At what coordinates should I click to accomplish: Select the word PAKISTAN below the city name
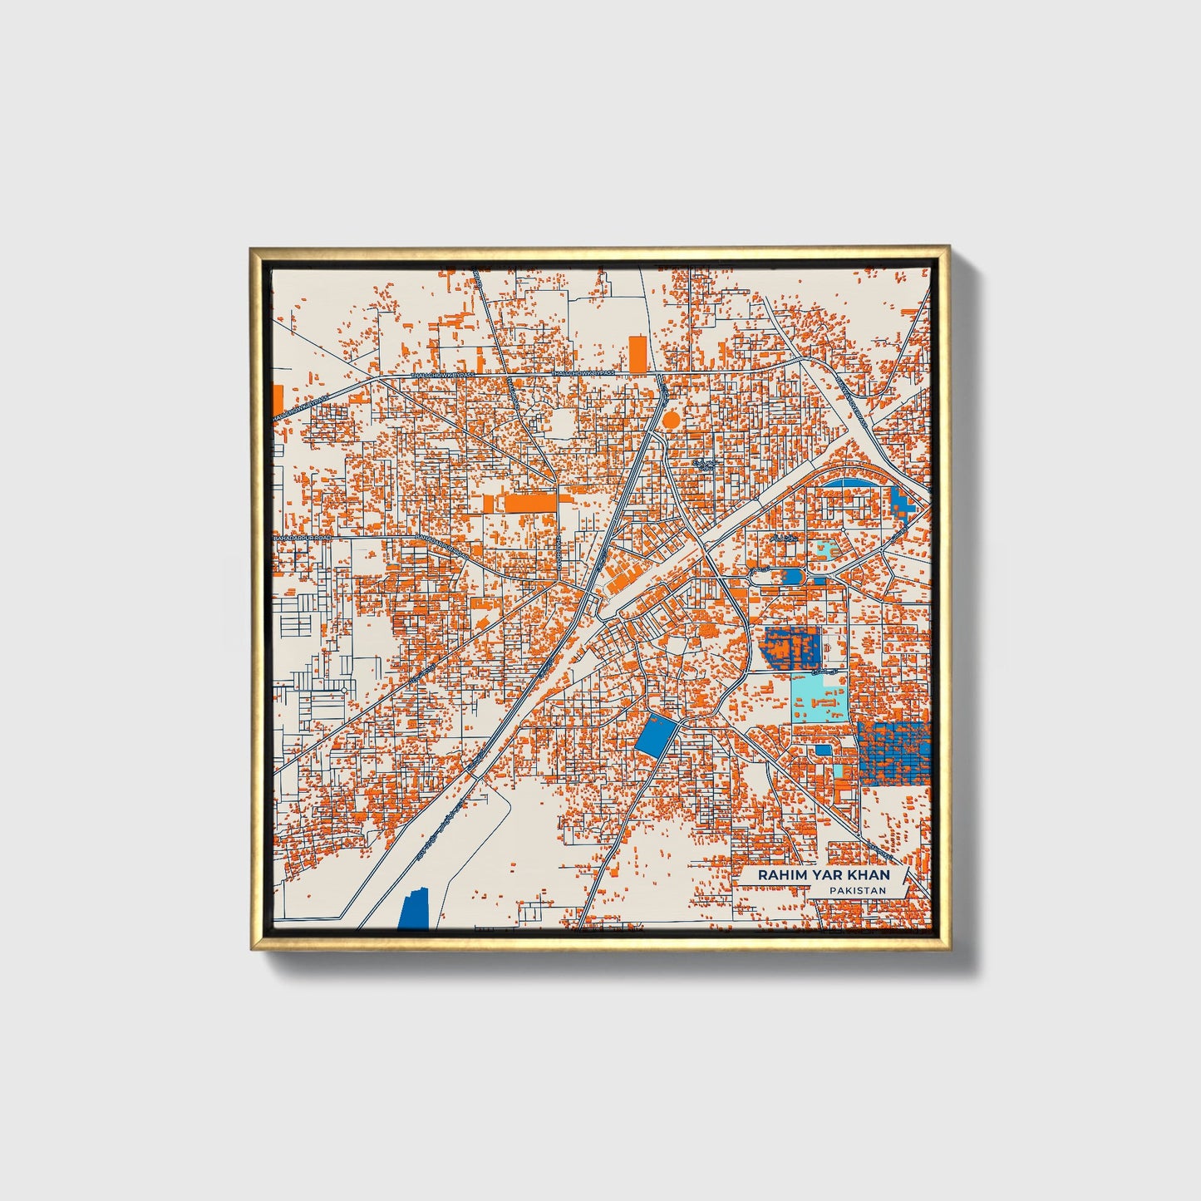pos(857,890)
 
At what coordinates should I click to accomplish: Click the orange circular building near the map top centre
pos(671,420)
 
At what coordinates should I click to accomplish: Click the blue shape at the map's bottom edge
pos(414,908)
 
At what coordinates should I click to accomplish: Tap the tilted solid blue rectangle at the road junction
pos(652,735)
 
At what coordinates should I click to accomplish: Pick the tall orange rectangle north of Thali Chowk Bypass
pos(637,354)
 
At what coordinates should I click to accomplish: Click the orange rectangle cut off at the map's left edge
pos(278,402)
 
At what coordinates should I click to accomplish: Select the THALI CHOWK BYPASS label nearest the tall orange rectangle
pos(583,374)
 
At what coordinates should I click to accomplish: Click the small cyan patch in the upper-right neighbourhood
pos(825,549)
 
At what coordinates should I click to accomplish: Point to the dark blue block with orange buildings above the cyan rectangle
pos(791,647)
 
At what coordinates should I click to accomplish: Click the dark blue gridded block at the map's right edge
pos(894,753)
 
